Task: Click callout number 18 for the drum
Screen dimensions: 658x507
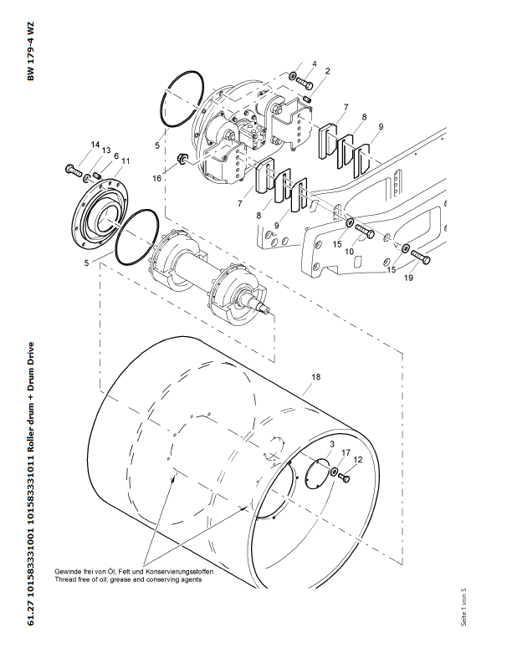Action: [x=316, y=377]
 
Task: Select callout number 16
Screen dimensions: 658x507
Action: [x=156, y=178]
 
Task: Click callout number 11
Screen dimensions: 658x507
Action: [x=125, y=161]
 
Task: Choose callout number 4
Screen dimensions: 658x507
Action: [x=314, y=64]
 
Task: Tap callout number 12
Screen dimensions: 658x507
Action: [x=357, y=461]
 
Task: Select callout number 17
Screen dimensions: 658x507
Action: [x=344, y=452]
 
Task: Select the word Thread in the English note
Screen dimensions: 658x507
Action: [x=67, y=579]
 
